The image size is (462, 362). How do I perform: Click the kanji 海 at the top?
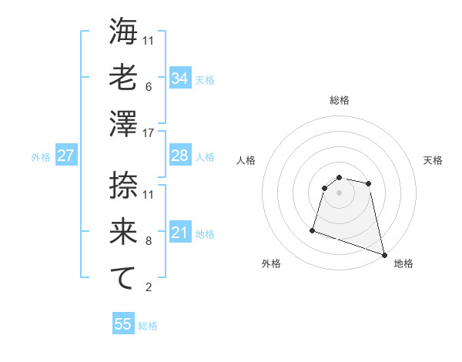pos(123,32)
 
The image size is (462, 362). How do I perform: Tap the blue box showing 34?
pos(180,78)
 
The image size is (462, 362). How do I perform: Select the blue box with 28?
pos(180,156)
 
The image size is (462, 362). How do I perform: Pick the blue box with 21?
pos(180,233)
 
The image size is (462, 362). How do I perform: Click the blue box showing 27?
pos(66,156)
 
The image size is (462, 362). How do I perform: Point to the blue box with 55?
pos(123,324)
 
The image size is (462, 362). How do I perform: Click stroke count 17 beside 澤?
pos(149,132)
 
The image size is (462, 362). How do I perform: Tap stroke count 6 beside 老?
pos(149,86)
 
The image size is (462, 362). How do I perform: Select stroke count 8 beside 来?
pos(149,240)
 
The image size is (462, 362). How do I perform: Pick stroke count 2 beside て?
pos(149,287)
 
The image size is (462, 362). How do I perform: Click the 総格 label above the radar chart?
pos(339,100)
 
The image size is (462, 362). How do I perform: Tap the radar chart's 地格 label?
pos(403,263)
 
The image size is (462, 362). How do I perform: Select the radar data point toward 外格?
pos(313,230)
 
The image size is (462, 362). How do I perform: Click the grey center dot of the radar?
pos(339,193)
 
